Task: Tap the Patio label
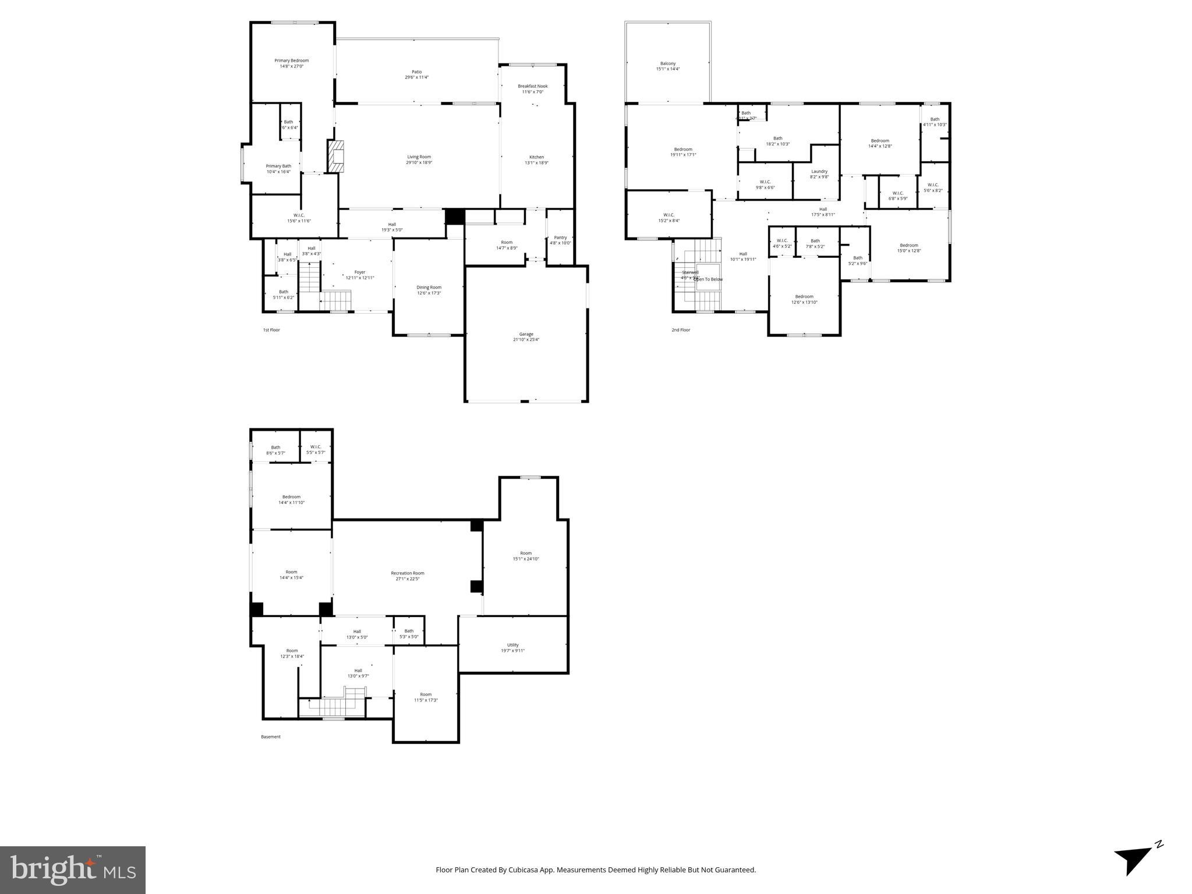[x=416, y=74]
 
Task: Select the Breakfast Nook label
[x=532, y=88]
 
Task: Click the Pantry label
[x=560, y=240]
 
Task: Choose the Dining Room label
[x=429, y=290]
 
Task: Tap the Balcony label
[x=668, y=66]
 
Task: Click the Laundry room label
[x=819, y=174]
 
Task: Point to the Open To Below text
[x=708, y=279]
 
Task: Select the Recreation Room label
[x=407, y=576]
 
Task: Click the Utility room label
[x=512, y=647]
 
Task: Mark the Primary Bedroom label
[x=291, y=63]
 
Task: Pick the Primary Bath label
[x=278, y=169]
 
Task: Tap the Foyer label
[x=360, y=275]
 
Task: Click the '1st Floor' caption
[x=271, y=330]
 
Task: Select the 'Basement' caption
[x=270, y=737]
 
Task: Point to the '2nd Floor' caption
[x=680, y=330]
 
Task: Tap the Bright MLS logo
[x=72, y=870]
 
